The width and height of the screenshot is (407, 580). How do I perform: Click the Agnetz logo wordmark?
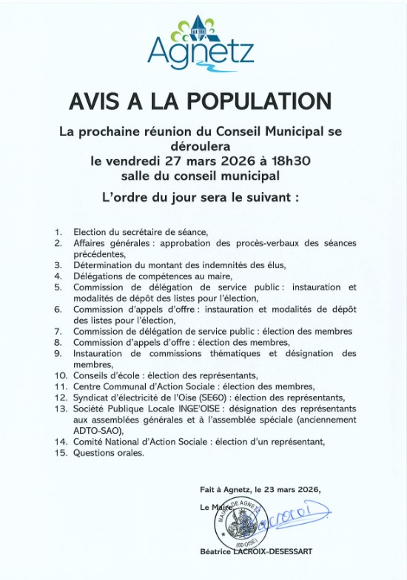pyautogui.click(x=201, y=51)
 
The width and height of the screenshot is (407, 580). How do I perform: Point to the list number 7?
pyautogui.click(x=58, y=331)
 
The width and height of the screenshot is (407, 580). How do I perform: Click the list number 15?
pyautogui.click(x=60, y=453)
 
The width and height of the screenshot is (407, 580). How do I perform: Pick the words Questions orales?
pyautogui.click(x=109, y=453)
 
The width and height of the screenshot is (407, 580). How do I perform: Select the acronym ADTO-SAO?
pyautogui.click(x=94, y=431)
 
